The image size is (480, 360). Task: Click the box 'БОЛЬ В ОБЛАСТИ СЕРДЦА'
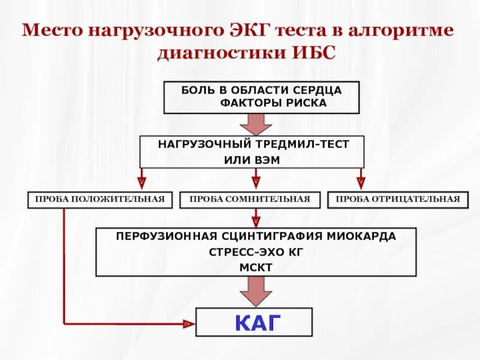262,90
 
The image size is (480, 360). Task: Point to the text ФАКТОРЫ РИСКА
274,103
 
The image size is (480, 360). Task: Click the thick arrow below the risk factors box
256,124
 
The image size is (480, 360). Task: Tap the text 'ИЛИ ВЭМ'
252,160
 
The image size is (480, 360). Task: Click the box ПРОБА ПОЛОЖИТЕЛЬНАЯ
100,200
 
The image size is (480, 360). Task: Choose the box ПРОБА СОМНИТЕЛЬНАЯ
250,200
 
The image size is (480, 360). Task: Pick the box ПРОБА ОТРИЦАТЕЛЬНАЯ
398,200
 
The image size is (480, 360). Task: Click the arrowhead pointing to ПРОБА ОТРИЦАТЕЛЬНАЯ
361,179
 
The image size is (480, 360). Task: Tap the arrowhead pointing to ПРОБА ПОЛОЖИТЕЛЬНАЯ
142,179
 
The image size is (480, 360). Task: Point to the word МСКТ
256,267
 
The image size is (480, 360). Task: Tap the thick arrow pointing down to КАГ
256,292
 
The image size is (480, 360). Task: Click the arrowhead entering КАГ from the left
188,324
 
